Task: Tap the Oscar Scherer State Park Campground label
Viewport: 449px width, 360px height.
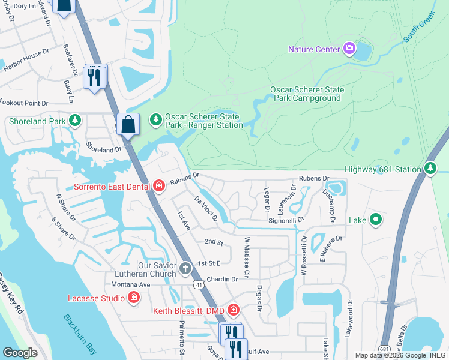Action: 307,94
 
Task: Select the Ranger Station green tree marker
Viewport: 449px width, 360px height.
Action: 155,120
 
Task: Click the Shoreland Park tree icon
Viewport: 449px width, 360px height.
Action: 75,121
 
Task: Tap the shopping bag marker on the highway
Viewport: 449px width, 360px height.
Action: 128,124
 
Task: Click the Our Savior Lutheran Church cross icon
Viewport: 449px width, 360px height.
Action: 185,268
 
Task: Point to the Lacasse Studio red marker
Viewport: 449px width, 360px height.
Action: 133,298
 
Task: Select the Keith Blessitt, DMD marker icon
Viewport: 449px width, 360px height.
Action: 234,310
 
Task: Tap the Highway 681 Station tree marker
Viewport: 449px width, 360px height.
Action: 430,169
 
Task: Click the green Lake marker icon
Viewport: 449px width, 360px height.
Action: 376,220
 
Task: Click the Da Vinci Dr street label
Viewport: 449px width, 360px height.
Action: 206,208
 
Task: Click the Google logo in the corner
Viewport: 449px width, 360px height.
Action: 20,352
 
